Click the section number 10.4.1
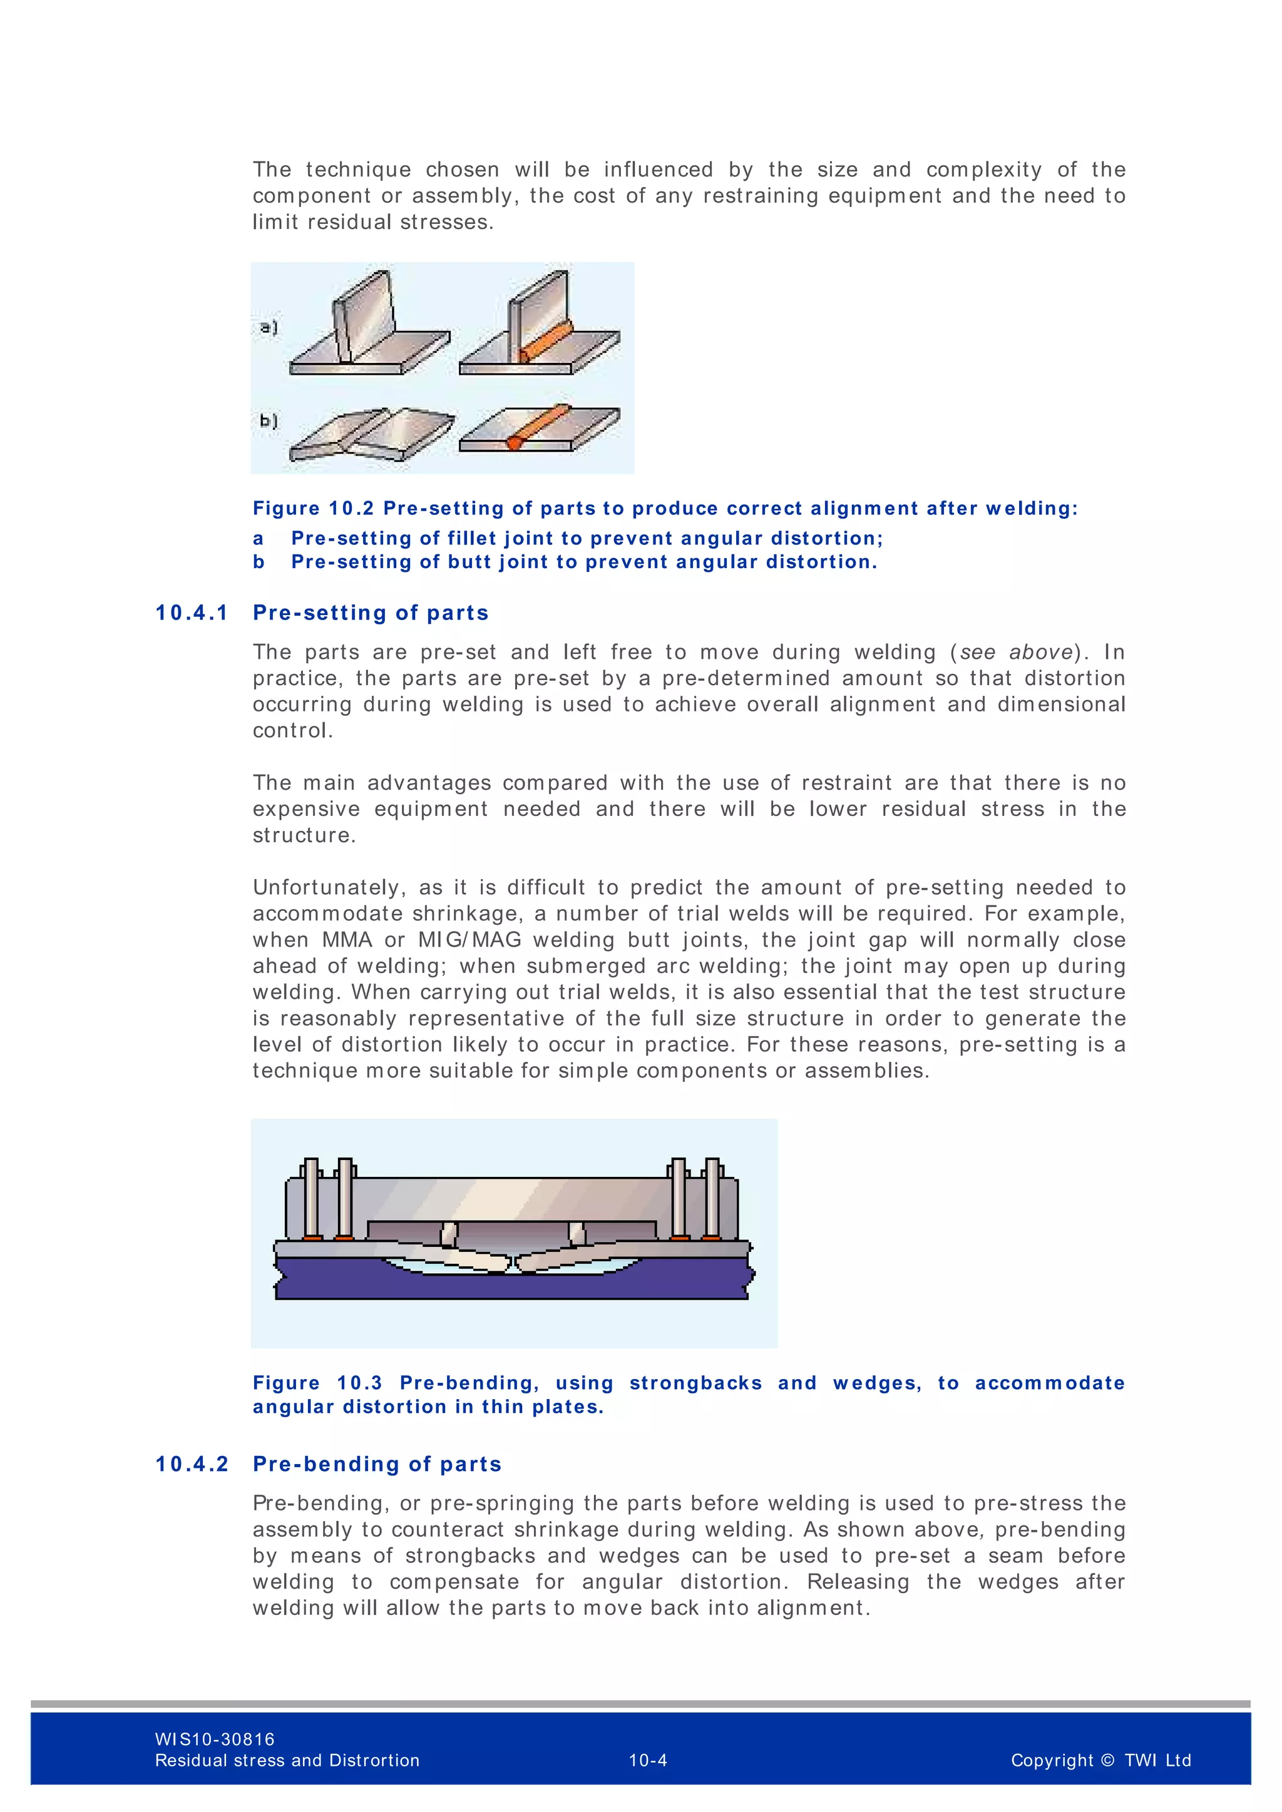click(x=191, y=613)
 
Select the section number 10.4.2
click(x=191, y=1464)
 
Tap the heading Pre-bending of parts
click(x=377, y=1464)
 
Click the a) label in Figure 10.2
click(x=269, y=327)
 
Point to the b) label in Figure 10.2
click(x=269, y=420)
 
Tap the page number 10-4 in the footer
click(x=647, y=1760)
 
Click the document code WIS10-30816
click(x=215, y=1739)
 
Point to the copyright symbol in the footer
click(x=1107, y=1760)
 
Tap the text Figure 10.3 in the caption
click(x=317, y=1383)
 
